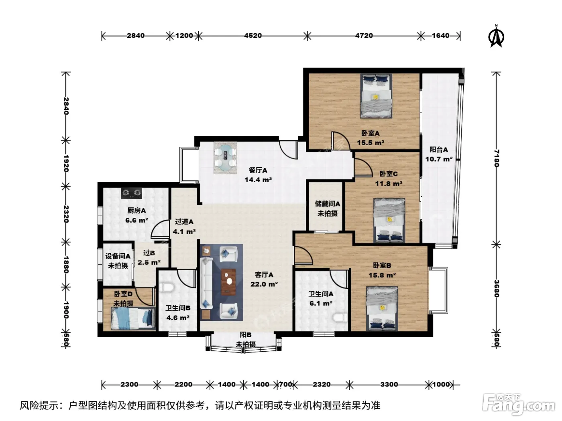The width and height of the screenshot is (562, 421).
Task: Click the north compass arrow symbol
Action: [x=496, y=36]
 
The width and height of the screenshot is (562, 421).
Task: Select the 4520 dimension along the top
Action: [x=253, y=36]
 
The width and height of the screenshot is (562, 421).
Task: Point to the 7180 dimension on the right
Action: [x=496, y=158]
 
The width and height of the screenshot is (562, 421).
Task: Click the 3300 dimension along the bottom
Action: [x=389, y=384]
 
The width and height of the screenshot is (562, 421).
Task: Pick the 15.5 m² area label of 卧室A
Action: [x=371, y=143]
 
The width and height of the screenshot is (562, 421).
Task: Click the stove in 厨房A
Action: [x=132, y=193]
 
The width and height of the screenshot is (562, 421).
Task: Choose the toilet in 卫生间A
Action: [x=340, y=318]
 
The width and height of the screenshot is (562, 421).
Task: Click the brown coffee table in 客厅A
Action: [x=228, y=282]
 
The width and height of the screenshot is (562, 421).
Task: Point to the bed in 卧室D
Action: [x=133, y=318]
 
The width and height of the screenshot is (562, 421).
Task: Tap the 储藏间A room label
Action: [x=328, y=204]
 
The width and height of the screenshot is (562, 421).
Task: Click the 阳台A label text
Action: [x=439, y=150]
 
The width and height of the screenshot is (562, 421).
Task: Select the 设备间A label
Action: [x=118, y=256]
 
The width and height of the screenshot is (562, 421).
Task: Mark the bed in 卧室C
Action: [x=389, y=220]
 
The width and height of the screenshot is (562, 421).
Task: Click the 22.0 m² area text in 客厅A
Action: [x=264, y=284]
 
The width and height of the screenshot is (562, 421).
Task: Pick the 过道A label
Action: [x=184, y=222]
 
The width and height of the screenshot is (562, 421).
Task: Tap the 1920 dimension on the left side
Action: [x=66, y=163]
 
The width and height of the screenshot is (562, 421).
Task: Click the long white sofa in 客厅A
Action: [x=207, y=283]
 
